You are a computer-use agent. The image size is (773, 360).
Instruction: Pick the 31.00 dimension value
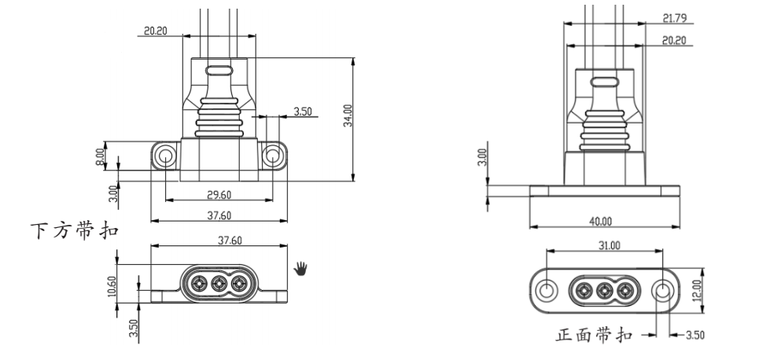click(608, 245)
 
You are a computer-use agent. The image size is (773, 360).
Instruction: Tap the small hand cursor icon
click(301, 270)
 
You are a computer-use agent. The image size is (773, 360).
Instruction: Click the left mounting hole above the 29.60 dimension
click(165, 155)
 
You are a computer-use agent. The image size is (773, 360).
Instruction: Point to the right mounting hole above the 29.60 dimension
click(272, 155)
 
